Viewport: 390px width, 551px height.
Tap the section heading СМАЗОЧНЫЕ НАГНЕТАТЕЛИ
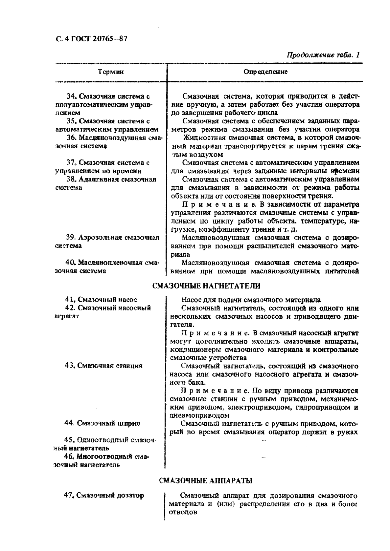pos(206,286)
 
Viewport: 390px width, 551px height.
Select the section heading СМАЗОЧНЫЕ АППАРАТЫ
pos(205,481)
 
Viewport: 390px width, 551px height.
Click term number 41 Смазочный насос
pos(101,299)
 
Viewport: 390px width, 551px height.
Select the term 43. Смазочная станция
pos(103,366)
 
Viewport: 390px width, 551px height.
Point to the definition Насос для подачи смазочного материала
pos(251,300)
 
